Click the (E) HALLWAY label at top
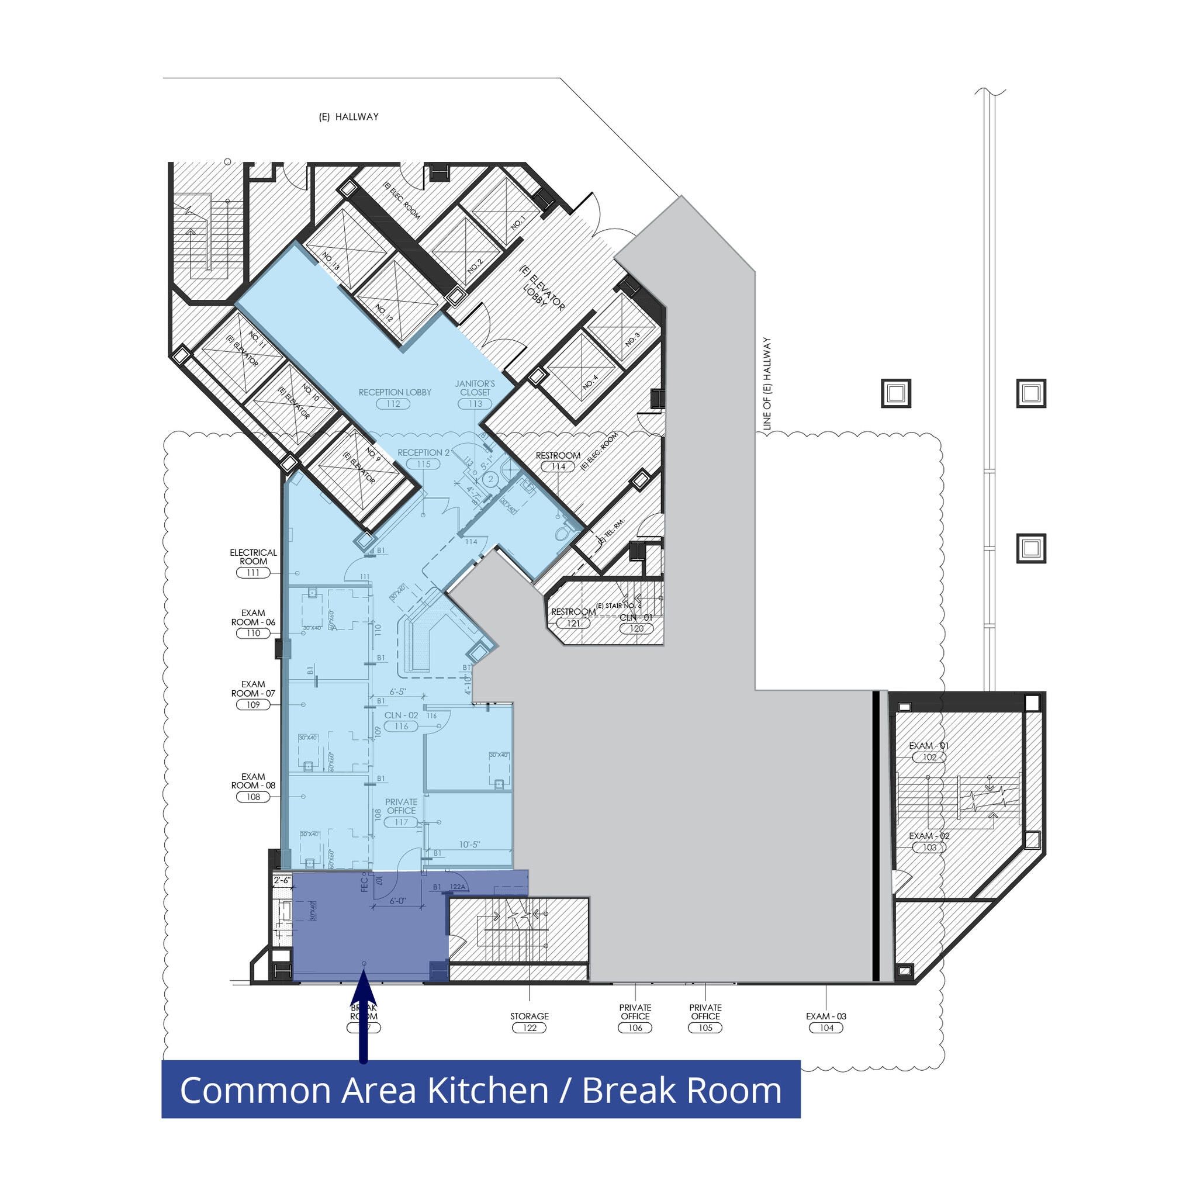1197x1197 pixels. (x=348, y=116)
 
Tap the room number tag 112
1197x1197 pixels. (x=393, y=404)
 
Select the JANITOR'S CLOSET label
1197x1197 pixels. (x=475, y=388)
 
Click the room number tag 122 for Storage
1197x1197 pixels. (x=529, y=1028)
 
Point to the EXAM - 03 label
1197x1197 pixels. (x=826, y=1016)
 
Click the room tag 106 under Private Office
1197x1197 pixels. (x=635, y=1028)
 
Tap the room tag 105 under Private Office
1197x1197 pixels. (x=705, y=1028)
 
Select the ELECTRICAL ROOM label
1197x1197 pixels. (x=254, y=556)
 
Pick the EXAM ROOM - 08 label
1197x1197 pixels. (x=254, y=781)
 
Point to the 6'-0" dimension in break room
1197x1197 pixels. (x=398, y=901)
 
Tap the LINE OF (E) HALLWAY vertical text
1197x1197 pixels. (x=767, y=383)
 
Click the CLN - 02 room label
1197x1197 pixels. (x=401, y=715)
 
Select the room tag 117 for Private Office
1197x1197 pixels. (x=401, y=822)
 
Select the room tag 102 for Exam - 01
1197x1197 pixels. (x=929, y=757)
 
